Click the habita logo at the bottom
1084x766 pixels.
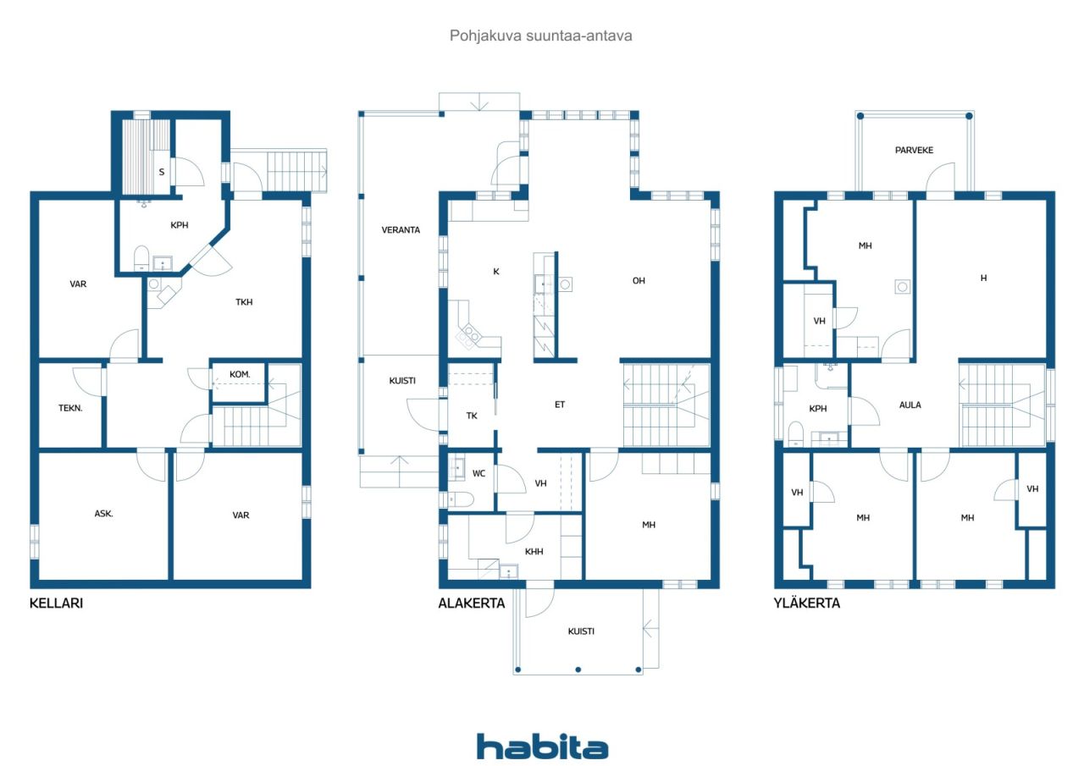[x=542, y=747]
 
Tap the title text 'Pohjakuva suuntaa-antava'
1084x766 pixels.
[x=541, y=36]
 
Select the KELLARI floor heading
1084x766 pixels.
[x=56, y=603]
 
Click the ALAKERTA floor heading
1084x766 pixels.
[x=471, y=603]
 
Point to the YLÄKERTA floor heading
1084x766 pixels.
[x=807, y=603]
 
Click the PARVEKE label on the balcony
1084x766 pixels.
[x=914, y=150]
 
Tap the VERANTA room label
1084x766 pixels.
[x=401, y=229]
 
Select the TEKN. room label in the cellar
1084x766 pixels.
[x=70, y=407]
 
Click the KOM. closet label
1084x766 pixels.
[x=239, y=374]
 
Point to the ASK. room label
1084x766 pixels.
[x=104, y=514]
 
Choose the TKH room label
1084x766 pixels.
[x=245, y=301]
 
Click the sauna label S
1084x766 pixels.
[x=161, y=172]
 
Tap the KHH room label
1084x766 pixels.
[x=534, y=551]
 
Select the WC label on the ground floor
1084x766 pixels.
[x=478, y=472]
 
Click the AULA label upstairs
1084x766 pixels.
[x=910, y=405]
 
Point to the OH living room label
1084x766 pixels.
[x=639, y=280]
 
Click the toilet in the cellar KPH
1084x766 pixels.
[x=141, y=256]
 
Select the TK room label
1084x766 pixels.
[x=472, y=415]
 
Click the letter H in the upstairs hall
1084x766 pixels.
[x=983, y=278]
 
